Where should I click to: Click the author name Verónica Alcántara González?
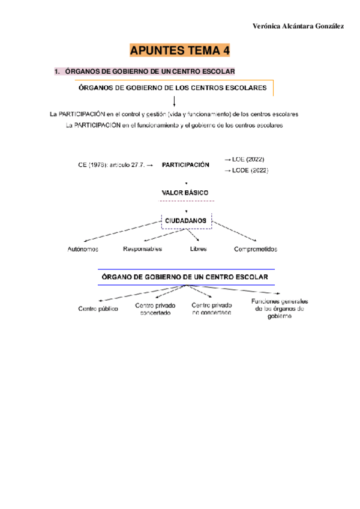(298, 27)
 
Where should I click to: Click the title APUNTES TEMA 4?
(180, 50)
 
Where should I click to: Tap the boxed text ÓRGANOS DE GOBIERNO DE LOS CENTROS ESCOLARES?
(173, 88)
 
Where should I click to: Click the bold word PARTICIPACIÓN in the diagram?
(185, 164)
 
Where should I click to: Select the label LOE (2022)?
(245, 159)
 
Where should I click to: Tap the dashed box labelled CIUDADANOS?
(186, 221)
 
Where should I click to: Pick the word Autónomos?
(83, 249)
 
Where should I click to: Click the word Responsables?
(143, 248)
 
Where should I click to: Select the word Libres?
(198, 248)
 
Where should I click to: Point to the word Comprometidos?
(256, 249)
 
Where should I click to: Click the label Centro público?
(98, 309)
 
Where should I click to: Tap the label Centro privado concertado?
(155, 309)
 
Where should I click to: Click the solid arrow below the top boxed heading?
(174, 101)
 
